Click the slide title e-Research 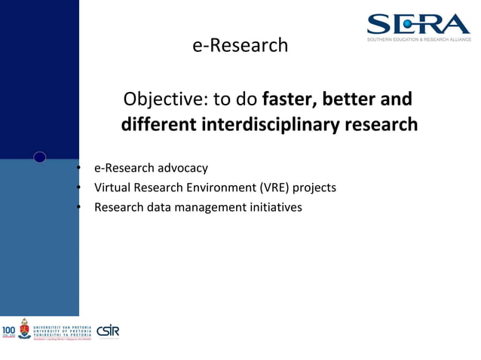pyautogui.click(x=240, y=45)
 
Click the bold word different pyautogui.click(x=158, y=124)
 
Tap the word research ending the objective pyautogui.click(x=381, y=124)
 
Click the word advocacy pyautogui.click(x=183, y=168)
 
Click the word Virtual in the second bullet pyautogui.click(x=112, y=188)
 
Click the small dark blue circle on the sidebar pyautogui.click(x=40, y=157)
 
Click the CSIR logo pyautogui.click(x=108, y=331)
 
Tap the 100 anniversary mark pyautogui.click(x=8, y=330)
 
